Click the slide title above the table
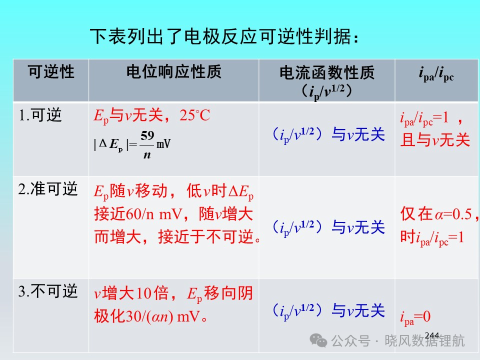pyautogui.click(x=224, y=37)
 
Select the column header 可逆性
pyautogui.click(x=51, y=72)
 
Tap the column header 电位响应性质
pyautogui.click(x=173, y=72)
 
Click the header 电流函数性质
pyautogui.click(x=327, y=73)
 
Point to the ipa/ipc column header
pyautogui.click(x=436, y=74)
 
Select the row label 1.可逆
pyautogui.click(x=40, y=115)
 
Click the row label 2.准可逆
pyautogui.click(x=48, y=189)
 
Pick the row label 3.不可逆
pyautogui.click(x=48, y=291)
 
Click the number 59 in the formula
pyautogui.click(x=147, y=135)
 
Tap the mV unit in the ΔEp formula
pyautogui.click(x=163, y=143)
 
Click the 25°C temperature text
pyautogui.click(x=194, y=115)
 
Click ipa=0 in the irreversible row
pyautogui.click(x=415, y=317)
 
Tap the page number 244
pyautogui.click(x=432, y=335)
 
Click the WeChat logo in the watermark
pyautogui.click(x=318, y=340)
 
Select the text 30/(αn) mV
pyautogui.click(x=147, y=316)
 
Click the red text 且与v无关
pyautogui.click(x=435, y=140)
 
